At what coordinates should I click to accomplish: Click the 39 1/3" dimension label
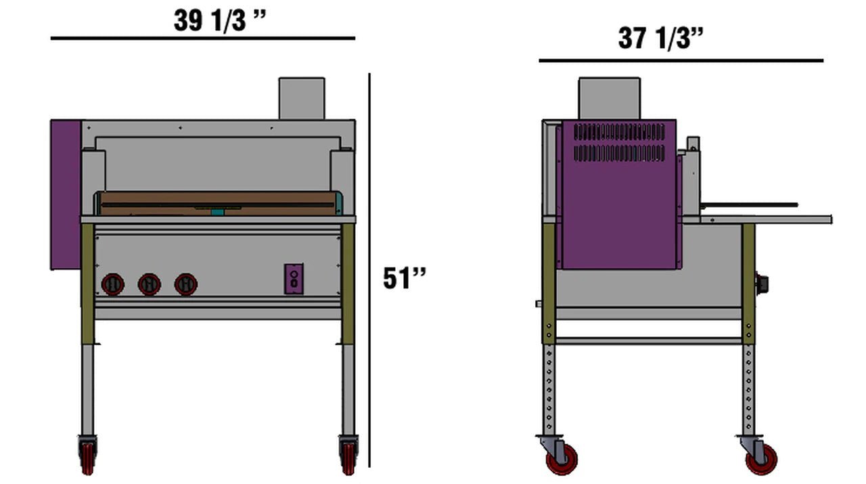click(x=220, y=20)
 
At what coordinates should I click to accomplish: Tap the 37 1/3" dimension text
click(x=661, y=38)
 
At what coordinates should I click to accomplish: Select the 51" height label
click(x=405, y=278)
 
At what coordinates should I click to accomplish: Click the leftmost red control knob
click(x=113, y=284)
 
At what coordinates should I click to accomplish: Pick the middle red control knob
click(x=149, y=284)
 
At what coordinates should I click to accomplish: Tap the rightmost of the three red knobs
click(x=185, y=284)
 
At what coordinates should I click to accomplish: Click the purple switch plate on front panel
click(x=294, y=278)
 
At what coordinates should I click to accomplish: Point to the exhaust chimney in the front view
click(x=302, y=99)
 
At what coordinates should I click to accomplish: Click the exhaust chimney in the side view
click(x=609, y=99)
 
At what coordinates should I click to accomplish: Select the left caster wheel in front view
click(x=88, y=455)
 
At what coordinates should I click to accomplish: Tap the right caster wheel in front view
click(x=348, y=455)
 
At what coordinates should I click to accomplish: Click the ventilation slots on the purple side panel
click(x=619, y=142)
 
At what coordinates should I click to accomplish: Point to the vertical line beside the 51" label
click(x=369, y=271)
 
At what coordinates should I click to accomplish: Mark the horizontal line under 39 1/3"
click(x=203, y=39)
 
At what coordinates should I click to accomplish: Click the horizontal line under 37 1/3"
click(x=681, y=61)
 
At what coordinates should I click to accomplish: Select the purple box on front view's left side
click(x=66, y=195)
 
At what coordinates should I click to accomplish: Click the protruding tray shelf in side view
click(x=765, y=219)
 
